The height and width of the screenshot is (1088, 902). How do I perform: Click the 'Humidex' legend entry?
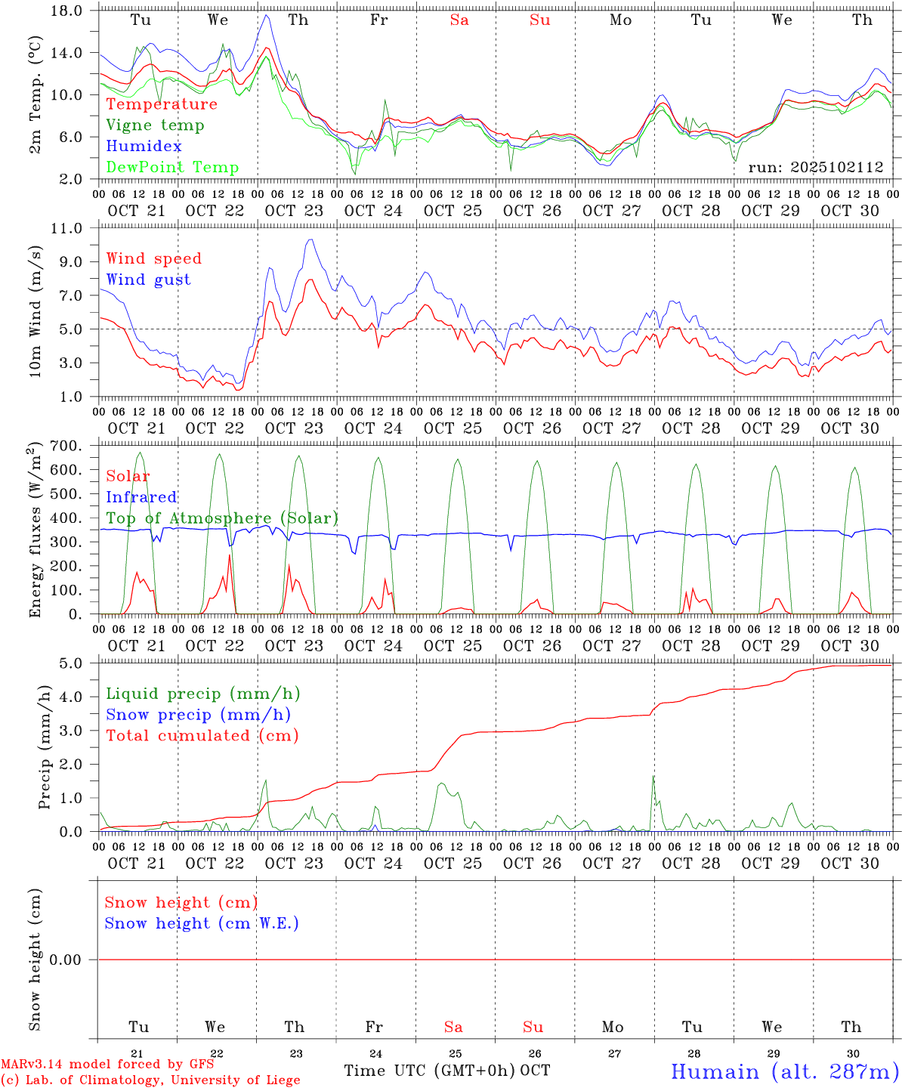(x=144, y=147)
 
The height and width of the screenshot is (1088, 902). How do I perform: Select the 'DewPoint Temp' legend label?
(x=172, y=168)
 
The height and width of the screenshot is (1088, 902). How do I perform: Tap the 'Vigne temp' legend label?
(x=155, y=125)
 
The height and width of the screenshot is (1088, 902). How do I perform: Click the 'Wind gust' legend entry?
(x=148, y=280)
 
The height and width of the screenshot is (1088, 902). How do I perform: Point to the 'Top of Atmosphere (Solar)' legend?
(x=222, y=518)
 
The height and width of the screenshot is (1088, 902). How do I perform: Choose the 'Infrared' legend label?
(x=141, y=497)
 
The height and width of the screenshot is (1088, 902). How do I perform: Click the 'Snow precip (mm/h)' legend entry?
(x=198, y=715)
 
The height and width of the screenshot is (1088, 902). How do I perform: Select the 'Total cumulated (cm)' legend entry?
(x=202, y=736)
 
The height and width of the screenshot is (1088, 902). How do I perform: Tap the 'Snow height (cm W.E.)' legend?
(x=202, y=923)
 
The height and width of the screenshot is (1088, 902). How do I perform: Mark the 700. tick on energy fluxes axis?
(x=65, y=446)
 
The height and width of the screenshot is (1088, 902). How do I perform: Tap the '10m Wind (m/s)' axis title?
(x=35, y=311)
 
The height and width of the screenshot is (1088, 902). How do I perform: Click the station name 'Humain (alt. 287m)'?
(x=784, y=1071)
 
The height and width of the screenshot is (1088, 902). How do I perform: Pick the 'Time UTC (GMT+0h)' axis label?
(x=430, y=1071)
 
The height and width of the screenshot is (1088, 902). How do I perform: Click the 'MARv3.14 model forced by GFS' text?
(x=107, y=1065)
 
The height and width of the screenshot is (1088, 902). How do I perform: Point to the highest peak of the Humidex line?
(x=266, y=15)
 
